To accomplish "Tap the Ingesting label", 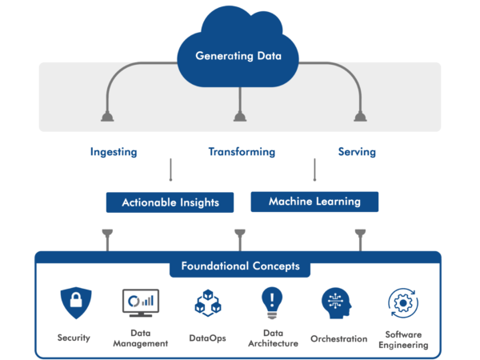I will click(114, 151).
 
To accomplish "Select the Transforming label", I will click(242, 151).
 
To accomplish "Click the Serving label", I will click(357, 151).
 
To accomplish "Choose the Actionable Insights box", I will click(170, 203).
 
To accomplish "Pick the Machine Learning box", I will click(314, 202).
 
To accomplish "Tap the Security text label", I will click(74, 338).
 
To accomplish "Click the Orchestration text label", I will click(338, 338).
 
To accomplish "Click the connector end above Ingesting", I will click(106, 117).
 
